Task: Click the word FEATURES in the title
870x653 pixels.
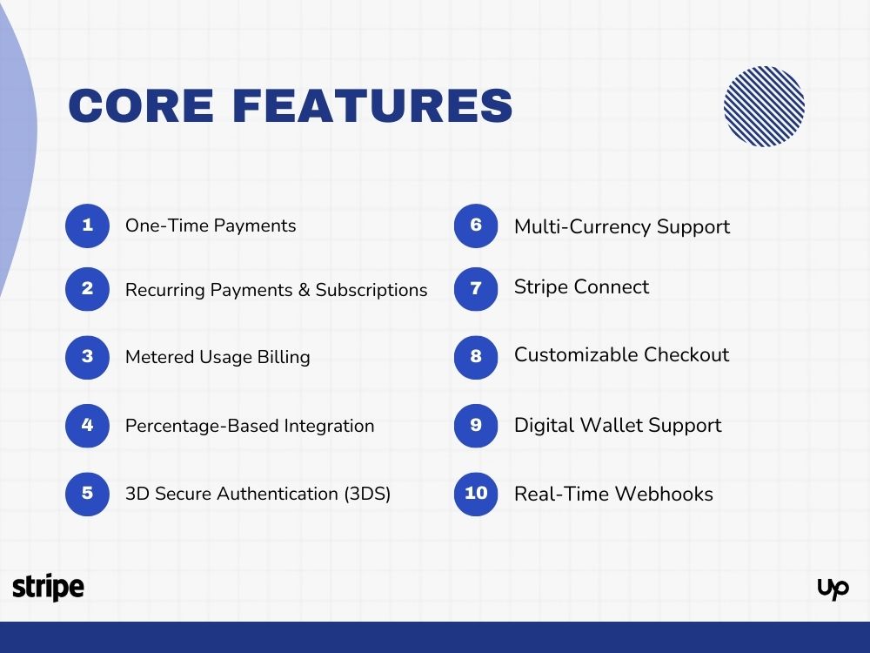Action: pyautogui.click(x=372, y=105)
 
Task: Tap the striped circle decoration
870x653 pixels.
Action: pyautogui.click(x=764, y=106)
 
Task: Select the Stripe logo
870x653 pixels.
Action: pyautogui.click(x=49, y=588)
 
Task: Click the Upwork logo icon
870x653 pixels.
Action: pyautogui.click(x=833, y=589)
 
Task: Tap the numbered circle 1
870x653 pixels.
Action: pyautogui.click(x=87, y=226)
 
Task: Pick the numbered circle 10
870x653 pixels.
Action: pyautogui.click(x=476, y=494)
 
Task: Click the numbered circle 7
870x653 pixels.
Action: pyautogui.click(x=476, y=288)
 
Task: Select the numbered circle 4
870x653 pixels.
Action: pyautogui.click(x=87, y=426)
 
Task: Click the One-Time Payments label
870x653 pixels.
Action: pyautogui.click(x=211, y=226)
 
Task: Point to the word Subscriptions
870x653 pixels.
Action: pyautogui.click(x=371, y=291)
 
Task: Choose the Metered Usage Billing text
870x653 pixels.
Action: pyautogui.click(x=217, y=357)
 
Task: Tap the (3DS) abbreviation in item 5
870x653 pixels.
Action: pyautogui.click(x=366, y=494)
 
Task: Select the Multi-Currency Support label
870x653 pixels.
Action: pyautogui.click(x=622, y=227)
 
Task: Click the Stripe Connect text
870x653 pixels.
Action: pyautogui.click(x=581, y=287)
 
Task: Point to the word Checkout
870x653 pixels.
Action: pyautogui.click(x=686, y=355)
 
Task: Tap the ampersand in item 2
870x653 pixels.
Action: pyautogui.click(x=304, y=290)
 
